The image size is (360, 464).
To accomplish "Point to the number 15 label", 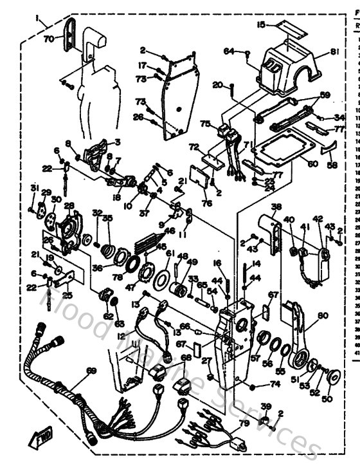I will coord(261,25).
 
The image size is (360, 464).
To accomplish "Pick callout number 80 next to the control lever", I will coord(322,315).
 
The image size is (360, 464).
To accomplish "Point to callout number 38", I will coord(276,207).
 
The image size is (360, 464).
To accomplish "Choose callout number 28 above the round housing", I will coord(68,206).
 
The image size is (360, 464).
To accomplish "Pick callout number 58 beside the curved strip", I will coord(332,165).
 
